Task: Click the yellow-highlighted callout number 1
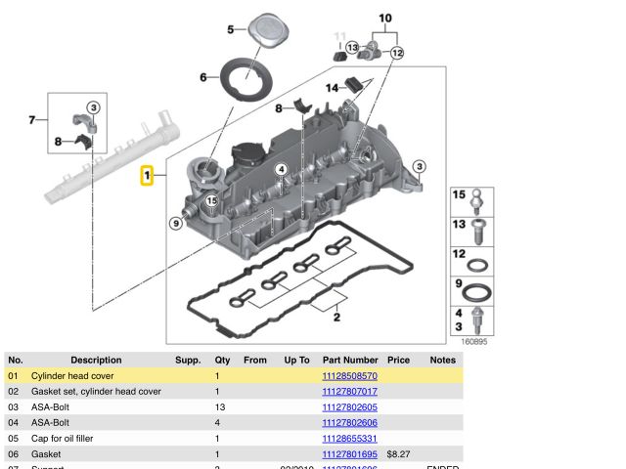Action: point(148,176)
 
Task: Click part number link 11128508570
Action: point(349,376)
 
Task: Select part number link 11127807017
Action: point(349,392)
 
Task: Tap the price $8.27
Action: point(398,454)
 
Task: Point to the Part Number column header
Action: point(350,361)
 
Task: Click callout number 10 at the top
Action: point(384,19)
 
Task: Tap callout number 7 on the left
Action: point(31,120)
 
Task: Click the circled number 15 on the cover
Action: point(211,200)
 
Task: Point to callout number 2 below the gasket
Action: point(336,317)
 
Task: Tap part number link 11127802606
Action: point(349,423)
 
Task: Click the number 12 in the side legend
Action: point(458,254)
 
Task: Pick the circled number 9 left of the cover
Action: point(176,224)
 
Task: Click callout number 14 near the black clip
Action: point(332,89)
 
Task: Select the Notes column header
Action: point(442,361)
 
